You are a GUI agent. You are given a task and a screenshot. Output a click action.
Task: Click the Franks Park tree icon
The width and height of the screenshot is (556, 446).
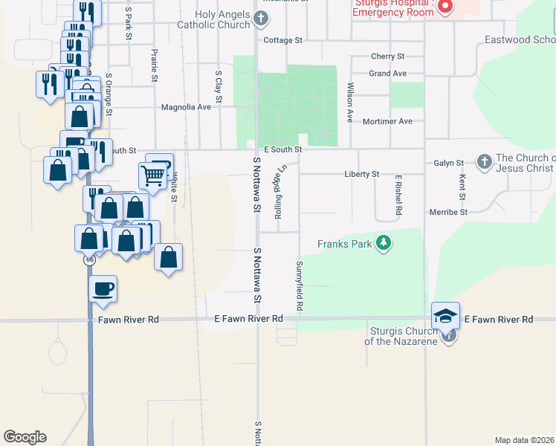(x=384, y=243)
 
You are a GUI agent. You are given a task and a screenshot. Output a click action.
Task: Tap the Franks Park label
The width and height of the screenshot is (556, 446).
(x=344, y=243)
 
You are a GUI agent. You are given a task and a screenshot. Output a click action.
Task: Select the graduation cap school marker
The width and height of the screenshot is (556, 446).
(x=446, y=317)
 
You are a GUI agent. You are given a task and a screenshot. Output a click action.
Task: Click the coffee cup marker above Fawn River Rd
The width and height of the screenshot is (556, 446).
(x=103, y=288)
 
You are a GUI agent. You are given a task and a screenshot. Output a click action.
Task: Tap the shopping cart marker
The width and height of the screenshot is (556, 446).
(x=152, y=175)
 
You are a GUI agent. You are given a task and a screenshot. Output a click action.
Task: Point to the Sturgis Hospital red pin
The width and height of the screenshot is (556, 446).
(x=445, y=7)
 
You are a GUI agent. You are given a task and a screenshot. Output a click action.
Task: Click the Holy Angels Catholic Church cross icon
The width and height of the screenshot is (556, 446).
(x=260, y=19)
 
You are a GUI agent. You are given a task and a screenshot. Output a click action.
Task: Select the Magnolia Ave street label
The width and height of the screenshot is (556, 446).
(x=187, y=107)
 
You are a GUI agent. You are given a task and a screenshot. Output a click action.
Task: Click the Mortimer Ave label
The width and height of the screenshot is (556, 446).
(x=387, y=121)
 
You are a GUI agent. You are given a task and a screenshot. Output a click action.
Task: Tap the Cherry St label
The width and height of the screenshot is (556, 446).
(x=387, y=56)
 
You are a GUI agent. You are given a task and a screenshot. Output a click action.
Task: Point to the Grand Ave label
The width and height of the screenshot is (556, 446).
(x=388, y=74)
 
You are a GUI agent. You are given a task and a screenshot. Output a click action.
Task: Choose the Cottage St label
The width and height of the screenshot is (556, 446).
(x=283, y=40)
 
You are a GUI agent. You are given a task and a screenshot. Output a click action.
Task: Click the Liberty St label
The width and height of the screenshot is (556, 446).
(x=361, y=174)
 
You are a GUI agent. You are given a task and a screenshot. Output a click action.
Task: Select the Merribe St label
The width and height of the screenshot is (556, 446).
(x=448, y=212)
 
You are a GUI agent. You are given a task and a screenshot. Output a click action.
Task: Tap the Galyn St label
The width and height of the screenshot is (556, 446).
(x=449, y=163)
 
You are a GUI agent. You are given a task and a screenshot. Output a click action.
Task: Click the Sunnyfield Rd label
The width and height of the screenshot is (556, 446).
(x=300, y=285)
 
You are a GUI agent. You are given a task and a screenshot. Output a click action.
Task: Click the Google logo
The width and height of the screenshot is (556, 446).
(x=25, y=437)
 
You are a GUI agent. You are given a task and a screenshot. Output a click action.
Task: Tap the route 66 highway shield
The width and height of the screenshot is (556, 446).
(x=90, y=259)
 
